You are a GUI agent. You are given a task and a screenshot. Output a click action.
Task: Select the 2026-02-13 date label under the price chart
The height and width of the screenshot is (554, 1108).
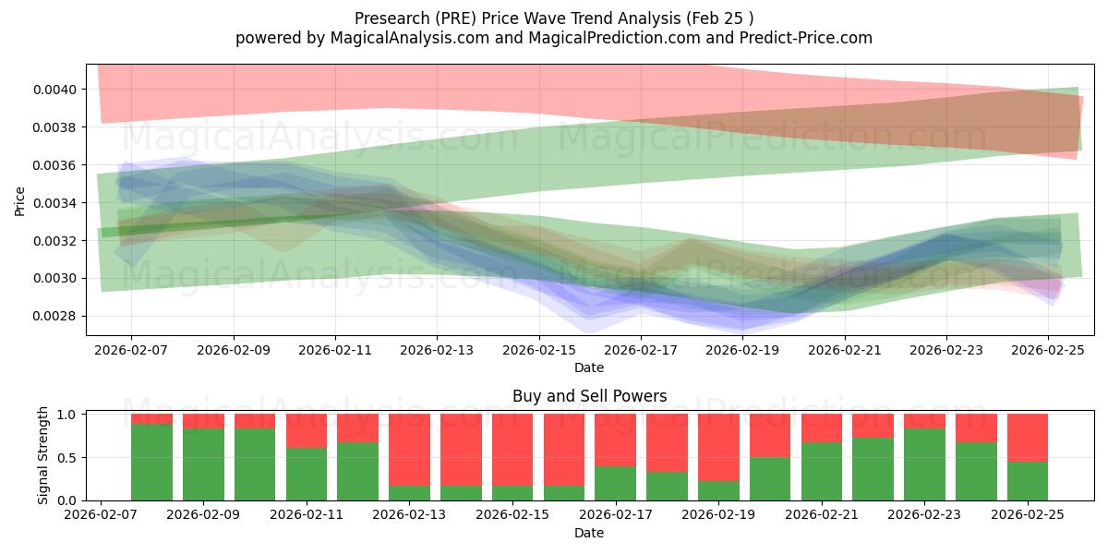437,351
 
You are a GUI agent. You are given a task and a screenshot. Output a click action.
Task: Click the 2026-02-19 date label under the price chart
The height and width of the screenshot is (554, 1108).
743,351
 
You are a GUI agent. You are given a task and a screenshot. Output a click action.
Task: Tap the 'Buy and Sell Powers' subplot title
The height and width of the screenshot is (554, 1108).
589,396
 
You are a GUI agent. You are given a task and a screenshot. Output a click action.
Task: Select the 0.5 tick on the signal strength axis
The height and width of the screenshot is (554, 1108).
67,458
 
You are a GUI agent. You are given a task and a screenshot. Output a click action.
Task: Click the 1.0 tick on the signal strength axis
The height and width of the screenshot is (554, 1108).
67,415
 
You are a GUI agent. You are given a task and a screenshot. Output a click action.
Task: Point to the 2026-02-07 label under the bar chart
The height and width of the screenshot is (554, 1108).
99,515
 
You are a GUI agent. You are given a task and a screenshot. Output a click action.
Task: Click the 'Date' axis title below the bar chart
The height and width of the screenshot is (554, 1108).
589,533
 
